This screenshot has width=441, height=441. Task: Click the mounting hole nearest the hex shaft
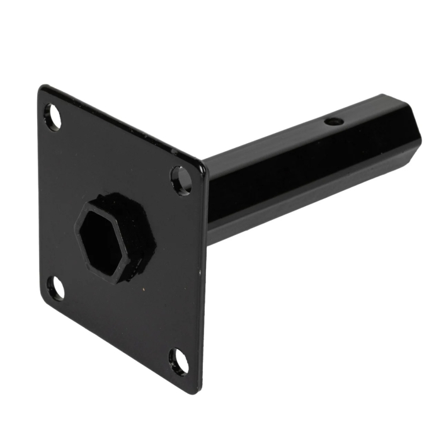point(181,180)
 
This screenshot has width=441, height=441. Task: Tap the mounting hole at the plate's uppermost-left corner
point(54,117)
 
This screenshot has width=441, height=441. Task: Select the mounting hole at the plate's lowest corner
point(178,361)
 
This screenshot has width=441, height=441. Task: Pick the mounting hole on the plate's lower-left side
point(55,287)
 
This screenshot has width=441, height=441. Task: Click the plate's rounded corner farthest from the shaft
point(43,91)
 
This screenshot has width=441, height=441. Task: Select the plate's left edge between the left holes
point(41,202)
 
